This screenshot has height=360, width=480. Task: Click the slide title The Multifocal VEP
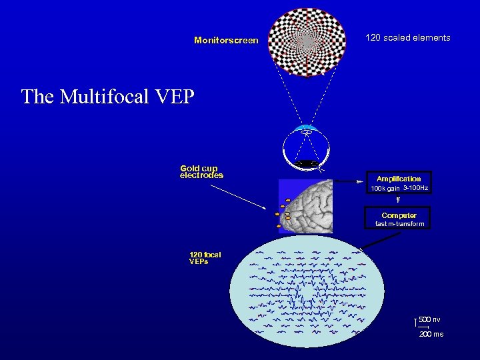click(107, 97)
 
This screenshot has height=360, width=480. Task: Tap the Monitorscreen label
click(226, 41)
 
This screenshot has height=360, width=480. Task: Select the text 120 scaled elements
click(407, 38)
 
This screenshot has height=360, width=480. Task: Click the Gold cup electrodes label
click(201, 172)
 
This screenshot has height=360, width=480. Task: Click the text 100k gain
click(385, 189)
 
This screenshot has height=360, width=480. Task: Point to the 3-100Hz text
click(415, 189)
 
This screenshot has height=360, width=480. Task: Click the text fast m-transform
click(399, 225)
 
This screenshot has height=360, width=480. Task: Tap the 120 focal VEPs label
click(205, 258)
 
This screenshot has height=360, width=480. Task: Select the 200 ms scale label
click(431, 334)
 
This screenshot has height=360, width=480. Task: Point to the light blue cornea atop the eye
click(307, 128)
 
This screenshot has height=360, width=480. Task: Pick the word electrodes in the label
click(201, 176)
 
